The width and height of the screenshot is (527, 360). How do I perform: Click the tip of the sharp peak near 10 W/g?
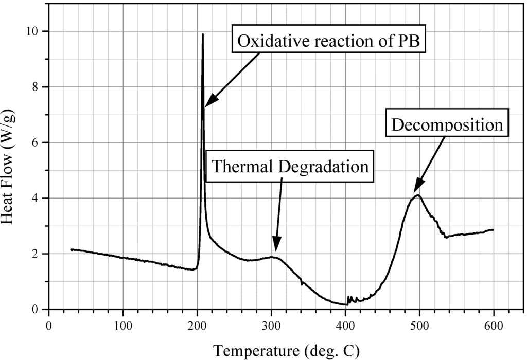coord(203,34)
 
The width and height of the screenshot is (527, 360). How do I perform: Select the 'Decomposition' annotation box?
coord(446,124)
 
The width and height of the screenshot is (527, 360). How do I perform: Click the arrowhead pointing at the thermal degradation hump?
coord(276,249)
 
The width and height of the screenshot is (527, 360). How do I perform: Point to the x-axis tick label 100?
coord(122,326)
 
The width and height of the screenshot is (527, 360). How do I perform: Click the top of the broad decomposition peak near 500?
coord(418,195)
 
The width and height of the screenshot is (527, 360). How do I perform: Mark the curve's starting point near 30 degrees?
coord(72,249)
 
